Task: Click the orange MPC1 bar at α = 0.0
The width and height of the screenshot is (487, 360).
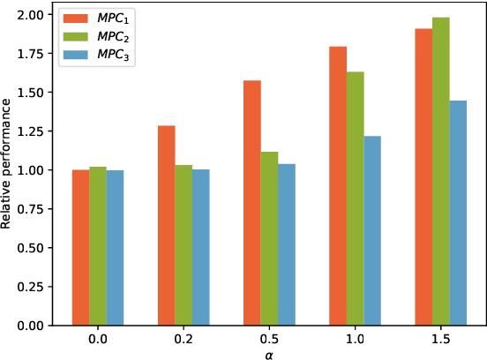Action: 80,247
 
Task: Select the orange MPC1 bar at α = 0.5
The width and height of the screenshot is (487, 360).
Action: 251,202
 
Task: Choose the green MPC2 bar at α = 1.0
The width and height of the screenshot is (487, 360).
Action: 354,198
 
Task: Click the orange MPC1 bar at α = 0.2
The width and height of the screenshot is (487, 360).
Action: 166,225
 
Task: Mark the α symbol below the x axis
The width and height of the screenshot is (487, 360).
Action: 268,353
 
